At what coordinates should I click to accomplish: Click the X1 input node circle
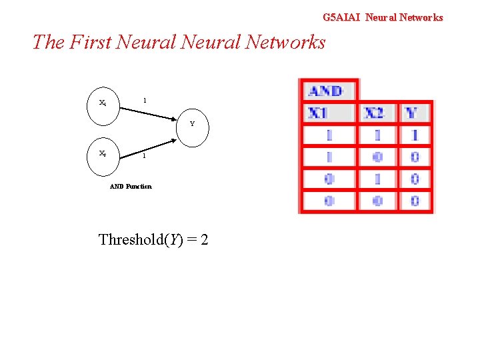102,104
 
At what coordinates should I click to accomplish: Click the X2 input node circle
102,154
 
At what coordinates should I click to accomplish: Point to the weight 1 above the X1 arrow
145,101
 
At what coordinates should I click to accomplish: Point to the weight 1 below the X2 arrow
143,157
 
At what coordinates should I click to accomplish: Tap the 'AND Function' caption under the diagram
131,187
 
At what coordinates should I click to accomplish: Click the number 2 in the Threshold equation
204,239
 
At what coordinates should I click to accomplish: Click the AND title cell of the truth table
326,91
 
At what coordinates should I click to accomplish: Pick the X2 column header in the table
377,113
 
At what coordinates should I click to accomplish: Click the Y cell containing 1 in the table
415,135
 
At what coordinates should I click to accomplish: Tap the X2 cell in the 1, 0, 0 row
377,157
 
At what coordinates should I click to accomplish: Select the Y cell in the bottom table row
415,201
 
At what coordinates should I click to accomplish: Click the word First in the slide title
89,42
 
